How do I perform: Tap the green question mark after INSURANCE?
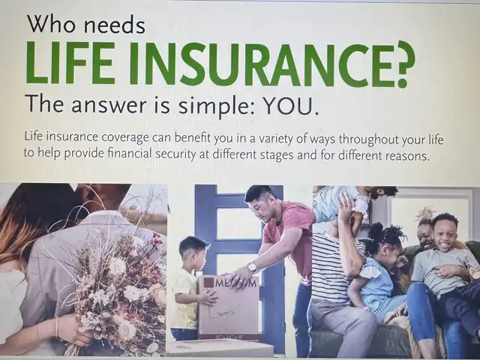coord(403,64)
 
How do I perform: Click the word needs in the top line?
coord(114,25)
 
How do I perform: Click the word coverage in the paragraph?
coord(125,137)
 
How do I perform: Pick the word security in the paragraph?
coord(175,154)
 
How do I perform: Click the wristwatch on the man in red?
coord(252,267)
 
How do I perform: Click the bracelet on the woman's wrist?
coord(57,327)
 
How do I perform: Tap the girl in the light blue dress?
coord(375,275)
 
